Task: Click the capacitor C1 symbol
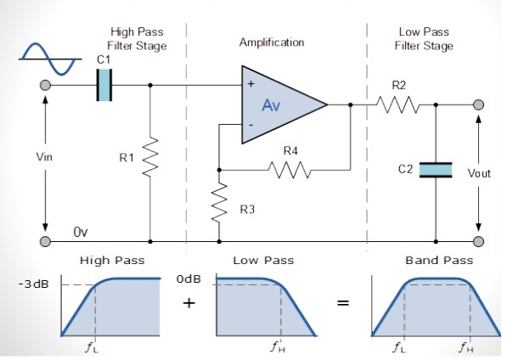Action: point(104,86)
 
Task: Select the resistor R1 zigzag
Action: point(150,157)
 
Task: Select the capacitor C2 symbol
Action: point(435,170)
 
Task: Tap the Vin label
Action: point(45,157)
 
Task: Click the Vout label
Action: point(480,173)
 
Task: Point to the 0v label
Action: point(81,231)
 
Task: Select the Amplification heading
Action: point(272,42)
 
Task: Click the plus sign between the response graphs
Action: point(189,303)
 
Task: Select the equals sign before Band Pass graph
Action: point(344,304)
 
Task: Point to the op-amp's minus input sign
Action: point(251,125)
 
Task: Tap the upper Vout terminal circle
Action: point(480,105)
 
